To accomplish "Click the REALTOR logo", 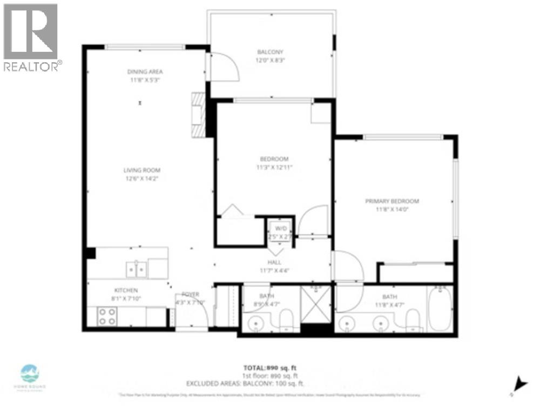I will [31, 37].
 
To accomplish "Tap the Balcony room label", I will [271, 52].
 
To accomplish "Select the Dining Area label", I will [145, 71].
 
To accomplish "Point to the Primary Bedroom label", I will [392, 201].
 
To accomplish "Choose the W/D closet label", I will [281, 228].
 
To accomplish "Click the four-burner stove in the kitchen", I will [107, 317].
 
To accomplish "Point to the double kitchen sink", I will [136, 269].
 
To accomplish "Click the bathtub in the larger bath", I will [440, 309].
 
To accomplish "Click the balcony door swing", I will [224, 67].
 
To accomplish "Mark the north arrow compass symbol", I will [520, 384].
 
